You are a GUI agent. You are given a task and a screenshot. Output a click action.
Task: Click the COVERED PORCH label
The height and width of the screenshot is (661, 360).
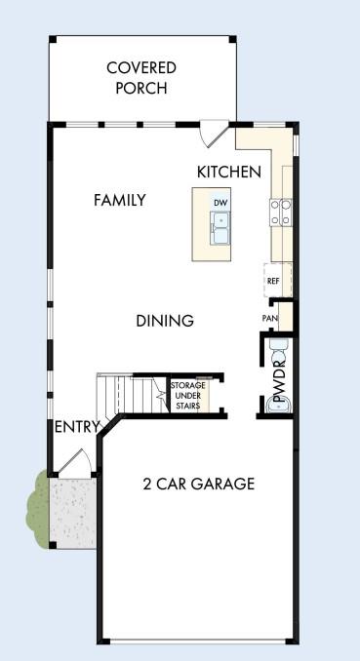[141, 78]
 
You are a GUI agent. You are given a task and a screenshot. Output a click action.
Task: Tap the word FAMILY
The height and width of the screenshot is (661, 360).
[120, 200]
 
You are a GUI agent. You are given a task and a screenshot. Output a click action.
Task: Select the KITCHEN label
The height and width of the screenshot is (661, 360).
[229, 172]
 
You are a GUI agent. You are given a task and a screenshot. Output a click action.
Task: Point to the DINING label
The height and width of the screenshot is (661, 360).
[165, 321]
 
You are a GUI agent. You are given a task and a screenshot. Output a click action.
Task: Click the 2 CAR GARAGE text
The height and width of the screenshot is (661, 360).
[199, 484]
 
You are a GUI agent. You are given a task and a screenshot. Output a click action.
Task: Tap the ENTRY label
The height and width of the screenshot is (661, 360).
[77, 427]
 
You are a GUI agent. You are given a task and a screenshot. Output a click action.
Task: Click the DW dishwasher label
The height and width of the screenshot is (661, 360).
[220, 203]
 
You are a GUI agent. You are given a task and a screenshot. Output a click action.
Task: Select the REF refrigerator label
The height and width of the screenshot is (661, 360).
[273, 281]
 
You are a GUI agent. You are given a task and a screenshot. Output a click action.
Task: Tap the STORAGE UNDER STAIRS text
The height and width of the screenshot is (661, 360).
[188, 396]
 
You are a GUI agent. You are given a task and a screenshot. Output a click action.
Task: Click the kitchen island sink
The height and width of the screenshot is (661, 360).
[220, 227]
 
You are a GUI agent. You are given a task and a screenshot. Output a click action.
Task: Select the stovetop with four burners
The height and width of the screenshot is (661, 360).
[282, 213]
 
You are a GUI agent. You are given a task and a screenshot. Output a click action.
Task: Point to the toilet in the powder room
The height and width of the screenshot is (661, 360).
[278, 351]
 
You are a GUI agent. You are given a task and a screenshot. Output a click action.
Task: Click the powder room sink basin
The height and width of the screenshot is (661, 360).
[279, 406]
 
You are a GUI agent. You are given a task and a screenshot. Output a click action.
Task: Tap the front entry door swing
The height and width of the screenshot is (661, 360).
[77, 463]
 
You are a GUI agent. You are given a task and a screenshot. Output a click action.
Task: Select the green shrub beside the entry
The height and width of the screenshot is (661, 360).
[38, 509]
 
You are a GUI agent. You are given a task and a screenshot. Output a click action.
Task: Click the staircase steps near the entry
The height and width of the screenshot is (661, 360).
[133, 394]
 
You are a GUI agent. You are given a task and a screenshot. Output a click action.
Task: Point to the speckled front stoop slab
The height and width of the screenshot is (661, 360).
[72, 512]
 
